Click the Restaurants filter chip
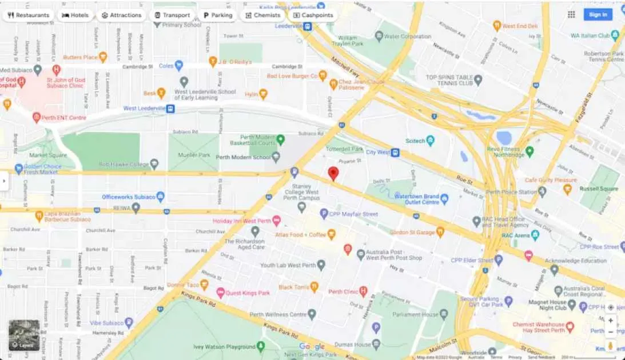click(x=29, y=15)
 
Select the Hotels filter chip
click(x=75, y=15)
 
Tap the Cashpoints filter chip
click(x=313, y=15)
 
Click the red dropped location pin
click(x=333, y=174)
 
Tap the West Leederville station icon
click(x=170, y=109)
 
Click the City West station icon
click(x=395, y=153)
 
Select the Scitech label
click(x=415, y=141)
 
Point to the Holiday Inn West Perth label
click(x=242, y=221)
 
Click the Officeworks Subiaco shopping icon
click(x=161, y=197)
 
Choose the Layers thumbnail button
click(x=24, y=335)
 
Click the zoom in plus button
click(x=611, y=321)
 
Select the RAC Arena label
click(x=515, y=235)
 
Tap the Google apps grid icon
click(x=571, y=15)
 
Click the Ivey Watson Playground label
click(x=224, y=347)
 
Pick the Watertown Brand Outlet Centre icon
click(x=444, y=198)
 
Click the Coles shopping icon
click(x=179, y=66)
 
